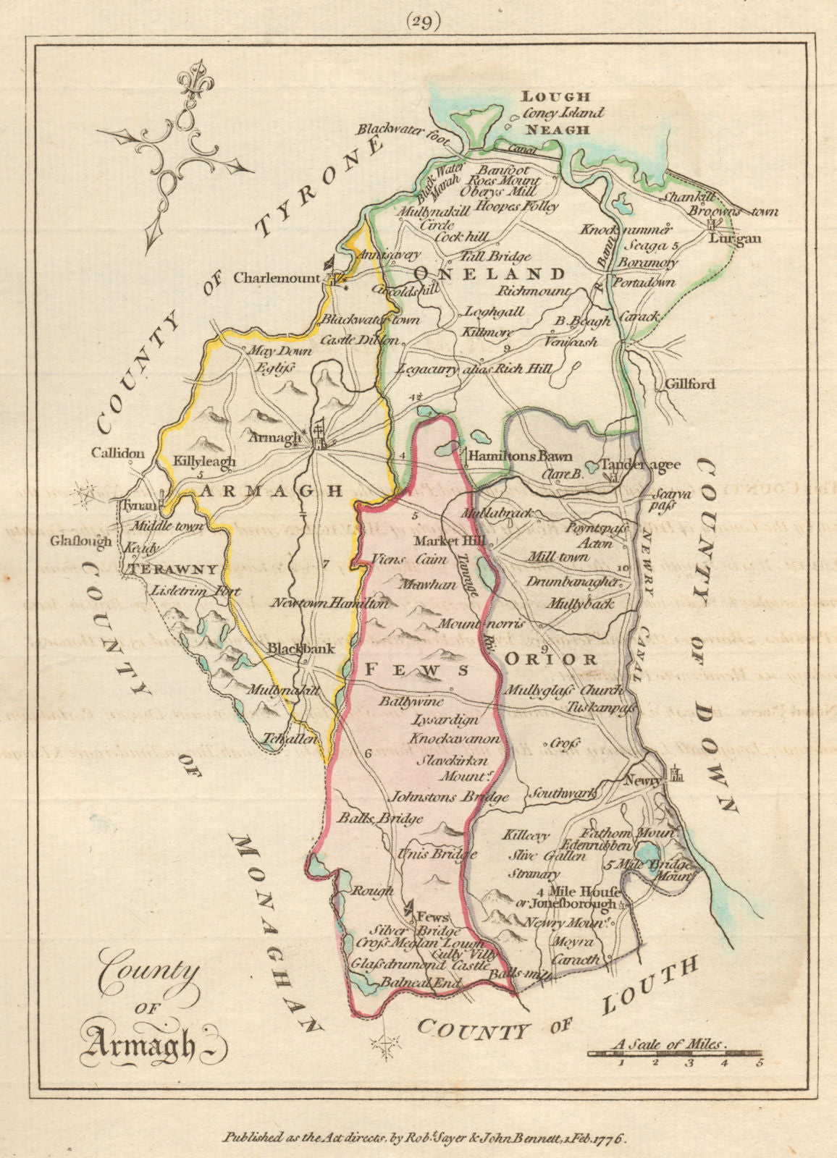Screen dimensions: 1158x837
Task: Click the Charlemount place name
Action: (277, 278)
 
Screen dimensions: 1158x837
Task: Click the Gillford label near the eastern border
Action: (689, 384)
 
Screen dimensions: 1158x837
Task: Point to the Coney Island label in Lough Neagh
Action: (563, 113)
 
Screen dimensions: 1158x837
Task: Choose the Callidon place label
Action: (118, 453)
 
